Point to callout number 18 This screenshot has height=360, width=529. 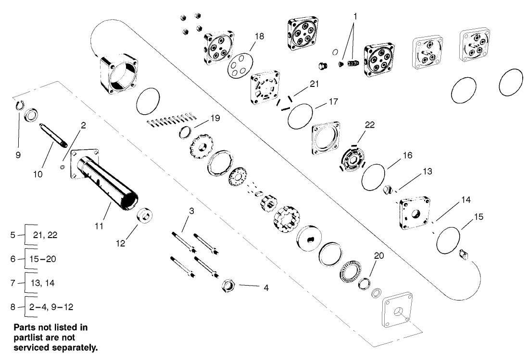(259, 36)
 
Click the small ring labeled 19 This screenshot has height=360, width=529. (186, 132)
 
